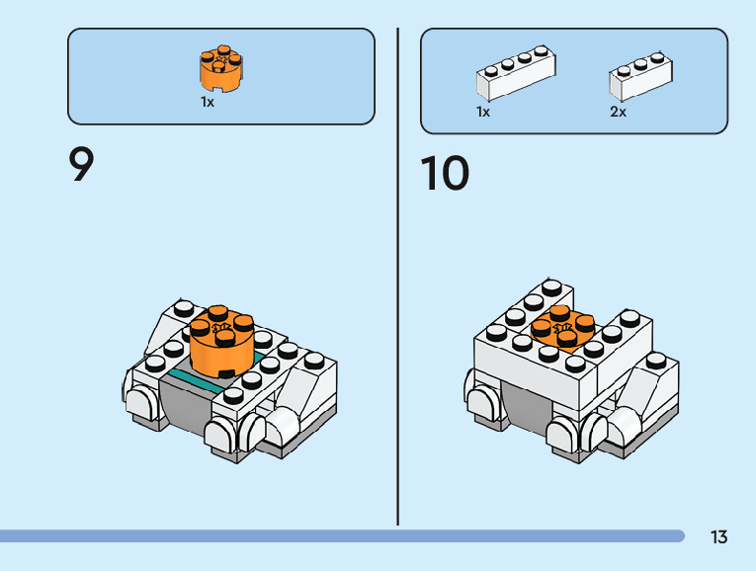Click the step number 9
pos(82,165)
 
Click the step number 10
pos(445,174)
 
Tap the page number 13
pos(718,537)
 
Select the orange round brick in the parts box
pos(221,67)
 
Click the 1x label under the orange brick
pos(208,102)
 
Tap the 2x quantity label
pos(618,113)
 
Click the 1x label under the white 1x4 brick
pos(483,113)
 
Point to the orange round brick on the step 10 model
pos(562,330)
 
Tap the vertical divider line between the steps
pos(398,277)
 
